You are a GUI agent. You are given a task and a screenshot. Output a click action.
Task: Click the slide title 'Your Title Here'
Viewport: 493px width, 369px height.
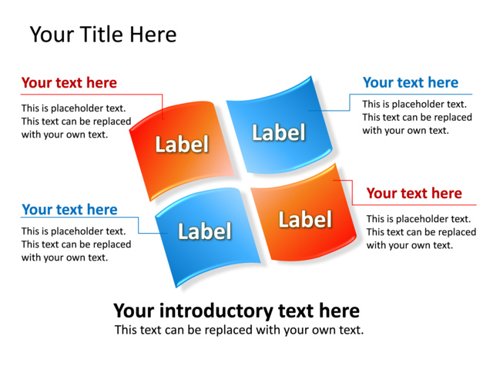[102, 35]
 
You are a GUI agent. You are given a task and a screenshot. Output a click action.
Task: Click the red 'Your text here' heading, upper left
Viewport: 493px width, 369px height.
[69, 83]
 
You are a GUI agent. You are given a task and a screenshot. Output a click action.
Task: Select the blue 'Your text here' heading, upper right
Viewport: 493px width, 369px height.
[410, 83]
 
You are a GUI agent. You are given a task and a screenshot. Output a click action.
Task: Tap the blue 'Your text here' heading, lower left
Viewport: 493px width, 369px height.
[69, 210]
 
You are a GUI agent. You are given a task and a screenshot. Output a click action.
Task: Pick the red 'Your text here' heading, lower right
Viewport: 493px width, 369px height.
[414, 194]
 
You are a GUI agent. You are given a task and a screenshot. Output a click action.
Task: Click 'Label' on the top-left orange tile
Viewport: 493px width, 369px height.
[182, 144]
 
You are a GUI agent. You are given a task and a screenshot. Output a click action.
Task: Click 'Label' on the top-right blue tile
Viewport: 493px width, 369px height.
[278, 132]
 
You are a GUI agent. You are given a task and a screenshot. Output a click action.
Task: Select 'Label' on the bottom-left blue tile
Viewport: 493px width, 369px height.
[204, 231]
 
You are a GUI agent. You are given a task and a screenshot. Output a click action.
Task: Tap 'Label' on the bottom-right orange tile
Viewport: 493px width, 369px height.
[304, 220]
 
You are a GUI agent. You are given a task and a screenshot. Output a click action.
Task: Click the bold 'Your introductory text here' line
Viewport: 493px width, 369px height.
[236, 311]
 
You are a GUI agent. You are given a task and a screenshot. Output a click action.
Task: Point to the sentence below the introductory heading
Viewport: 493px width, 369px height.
[239, 330]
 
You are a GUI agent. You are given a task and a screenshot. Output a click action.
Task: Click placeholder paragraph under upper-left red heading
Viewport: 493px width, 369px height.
[75, 121]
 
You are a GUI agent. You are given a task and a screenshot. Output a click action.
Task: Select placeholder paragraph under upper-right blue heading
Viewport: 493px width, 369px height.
[417, 117]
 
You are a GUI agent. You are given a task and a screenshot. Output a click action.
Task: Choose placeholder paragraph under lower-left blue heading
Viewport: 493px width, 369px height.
[75, 244]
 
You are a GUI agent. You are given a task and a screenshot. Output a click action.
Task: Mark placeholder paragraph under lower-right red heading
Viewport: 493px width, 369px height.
[421, 232]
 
